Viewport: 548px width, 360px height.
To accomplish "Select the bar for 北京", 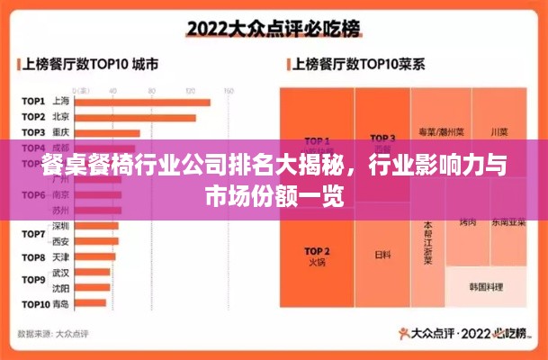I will pos(135,117).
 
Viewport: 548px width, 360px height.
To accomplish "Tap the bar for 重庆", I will pos(107,132).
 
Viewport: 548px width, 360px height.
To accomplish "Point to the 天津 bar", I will pos(94,256).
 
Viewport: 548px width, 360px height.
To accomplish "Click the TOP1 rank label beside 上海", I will pos(33,102).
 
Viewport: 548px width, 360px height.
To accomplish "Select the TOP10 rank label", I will pos(34,304).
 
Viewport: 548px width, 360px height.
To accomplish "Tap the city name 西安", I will pos(60,241).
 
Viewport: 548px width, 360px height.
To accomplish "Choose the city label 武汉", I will pos(60,272).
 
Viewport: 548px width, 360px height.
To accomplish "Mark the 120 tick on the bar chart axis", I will pos(191,91).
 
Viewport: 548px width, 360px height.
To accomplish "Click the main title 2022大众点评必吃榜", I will pos(273,28).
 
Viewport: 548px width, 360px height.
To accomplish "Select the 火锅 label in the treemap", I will pos(316,264).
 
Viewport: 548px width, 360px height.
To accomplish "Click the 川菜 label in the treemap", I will pos(499,131).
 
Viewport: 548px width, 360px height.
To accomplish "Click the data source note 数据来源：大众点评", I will pos(55,333).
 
